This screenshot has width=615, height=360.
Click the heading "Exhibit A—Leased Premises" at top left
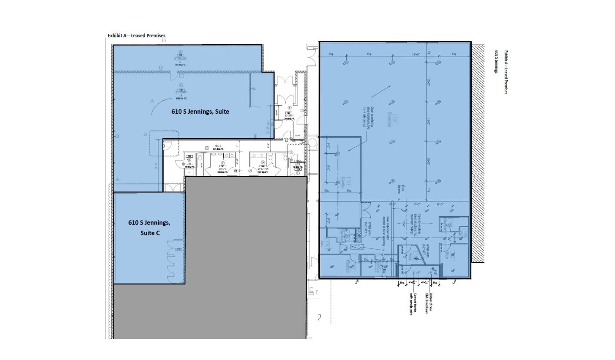click(x=136, y=36)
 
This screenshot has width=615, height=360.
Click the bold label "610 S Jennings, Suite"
click(x=199, y=112)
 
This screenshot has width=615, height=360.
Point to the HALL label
click(x=218, y=146)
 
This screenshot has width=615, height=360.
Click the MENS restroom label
click(x=222, y=169)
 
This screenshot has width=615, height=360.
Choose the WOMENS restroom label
click(x=263, y=169)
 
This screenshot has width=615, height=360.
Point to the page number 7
click(x=319, y=318)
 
